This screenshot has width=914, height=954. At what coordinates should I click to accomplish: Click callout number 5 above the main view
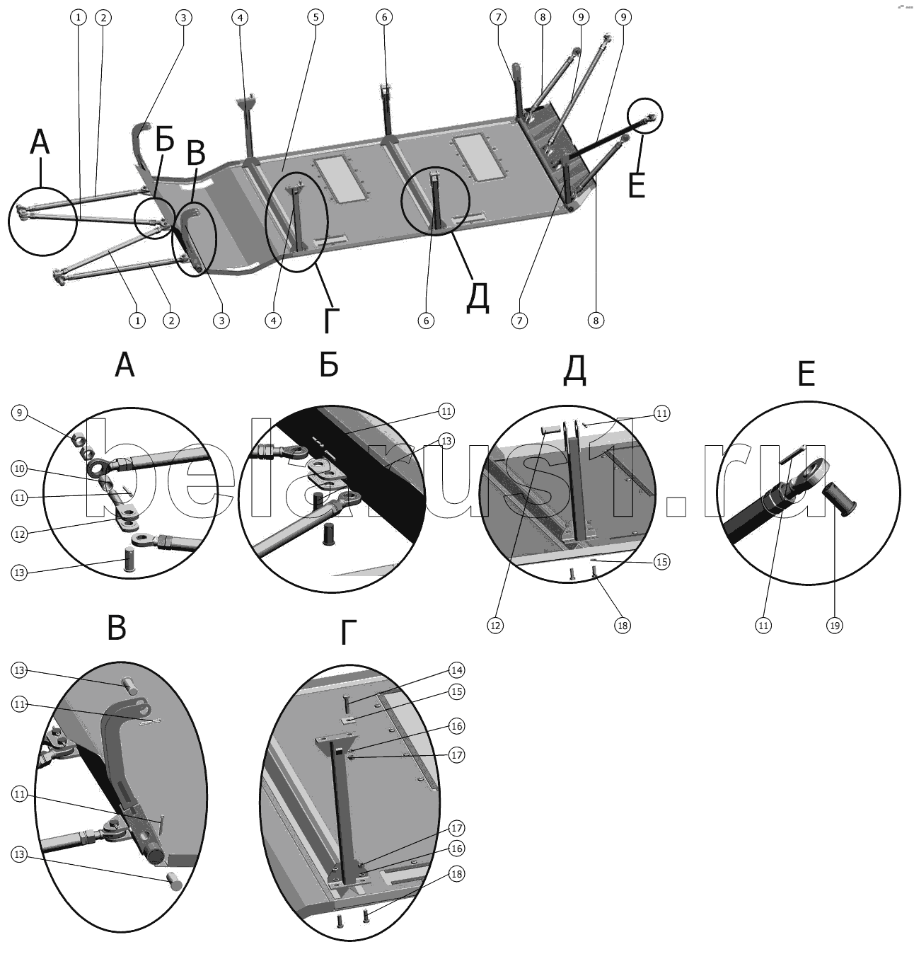[x=315, y=16]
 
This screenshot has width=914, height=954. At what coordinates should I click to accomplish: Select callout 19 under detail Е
[x=835, y=625]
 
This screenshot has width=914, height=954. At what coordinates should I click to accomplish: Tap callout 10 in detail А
[x=20, y=468]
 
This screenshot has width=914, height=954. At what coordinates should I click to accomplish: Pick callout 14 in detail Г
[x=457, y=669]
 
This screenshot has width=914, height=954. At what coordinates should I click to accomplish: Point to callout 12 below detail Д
[x=495, y=625]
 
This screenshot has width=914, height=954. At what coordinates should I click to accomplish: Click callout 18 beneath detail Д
[x=623, y=625]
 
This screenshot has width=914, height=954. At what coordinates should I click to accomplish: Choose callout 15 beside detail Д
[x=661, y=562]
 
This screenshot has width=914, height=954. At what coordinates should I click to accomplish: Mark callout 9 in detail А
[x=20, y=412]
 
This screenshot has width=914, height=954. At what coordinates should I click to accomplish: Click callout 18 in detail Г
[x=457, y=875]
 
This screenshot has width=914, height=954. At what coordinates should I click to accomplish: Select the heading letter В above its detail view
[x=117, y=627]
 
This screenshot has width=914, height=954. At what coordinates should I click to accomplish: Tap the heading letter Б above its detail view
[x=329, y=364]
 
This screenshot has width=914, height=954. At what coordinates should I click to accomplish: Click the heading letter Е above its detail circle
[x=806, y=374]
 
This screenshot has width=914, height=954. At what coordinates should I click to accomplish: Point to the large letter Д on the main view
[x=478, y=297]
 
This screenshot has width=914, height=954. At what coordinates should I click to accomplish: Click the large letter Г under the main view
[x=330, y=320]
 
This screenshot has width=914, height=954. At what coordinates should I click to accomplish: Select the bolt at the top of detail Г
[x=347, y=704]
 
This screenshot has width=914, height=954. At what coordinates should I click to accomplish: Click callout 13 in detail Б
[x=446, y=440]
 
